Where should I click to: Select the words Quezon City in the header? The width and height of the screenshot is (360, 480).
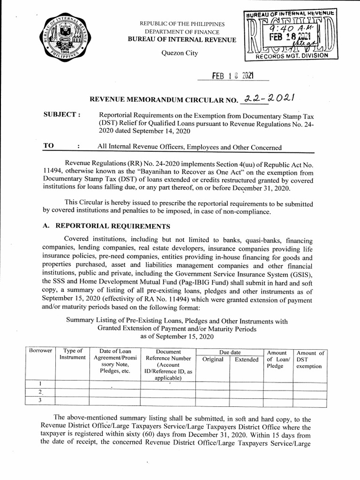tap(180, 53)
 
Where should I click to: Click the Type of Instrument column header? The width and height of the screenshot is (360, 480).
tap(72, 354)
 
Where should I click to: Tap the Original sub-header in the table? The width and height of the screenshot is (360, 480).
tap(212, 360)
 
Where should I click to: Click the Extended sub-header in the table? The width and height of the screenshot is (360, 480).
tap(246, 360)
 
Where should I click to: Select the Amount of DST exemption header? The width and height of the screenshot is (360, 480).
tap(309, 360)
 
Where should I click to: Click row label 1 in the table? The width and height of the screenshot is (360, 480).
tap(40, 383)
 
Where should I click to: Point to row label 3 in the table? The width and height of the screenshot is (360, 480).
tap(40, 400)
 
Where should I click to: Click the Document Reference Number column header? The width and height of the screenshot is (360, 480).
tap(168, 364)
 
